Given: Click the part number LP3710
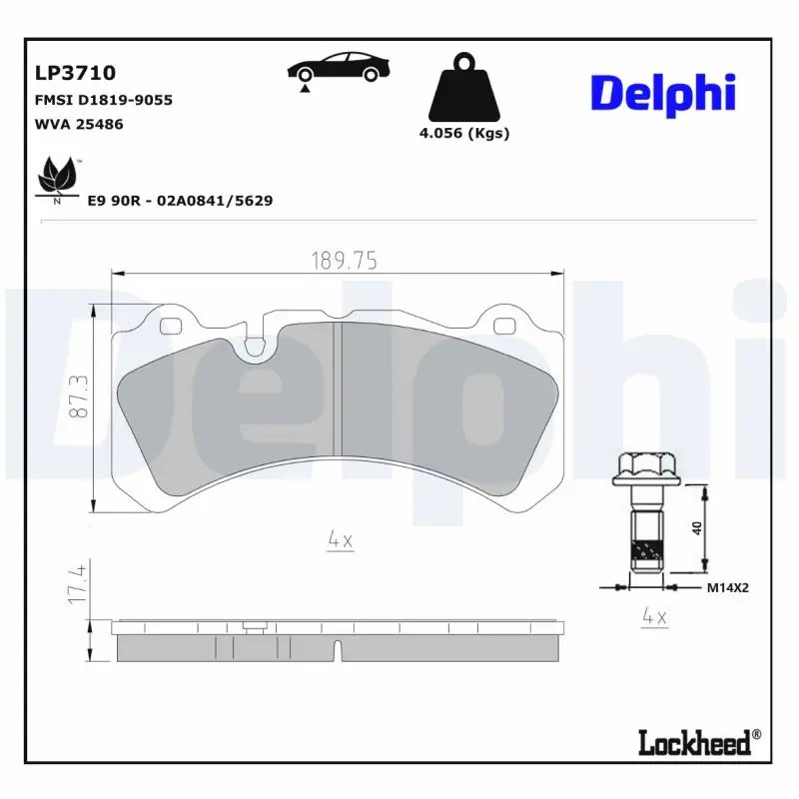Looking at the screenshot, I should pyautogui.click(x=75, y=73).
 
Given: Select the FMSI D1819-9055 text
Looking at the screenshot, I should pyautogui.click(x=104, y=100).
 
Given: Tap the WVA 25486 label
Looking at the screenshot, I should pyautogui.click(x=80, y=125).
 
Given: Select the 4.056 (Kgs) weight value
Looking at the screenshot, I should pyautogui.click(x=464, y=134).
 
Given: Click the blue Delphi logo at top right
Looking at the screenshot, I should pyautogui.click(x=662, y=92).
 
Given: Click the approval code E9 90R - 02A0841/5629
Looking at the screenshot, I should pyautogui.click(x=180, y=201).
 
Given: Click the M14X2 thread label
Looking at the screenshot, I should pyautogui.click(x=727, y=588).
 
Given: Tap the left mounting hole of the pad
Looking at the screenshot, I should pyautogui.click(x=169, y=325).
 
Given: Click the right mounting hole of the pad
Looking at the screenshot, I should pyautogui.click(x=504, y=325).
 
